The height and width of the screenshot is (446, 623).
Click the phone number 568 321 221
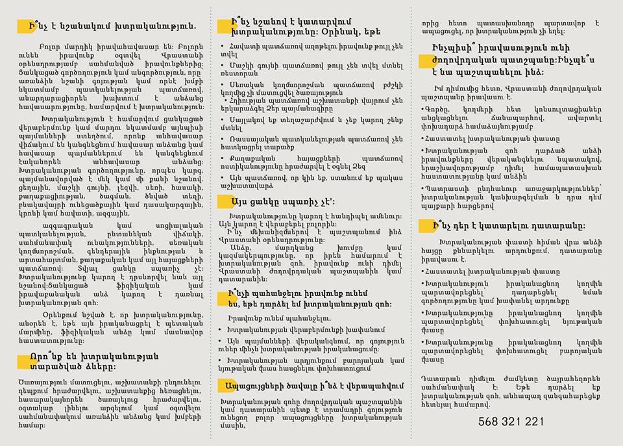(511, 421)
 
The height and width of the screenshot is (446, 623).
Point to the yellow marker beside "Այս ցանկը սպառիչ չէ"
(225, 202)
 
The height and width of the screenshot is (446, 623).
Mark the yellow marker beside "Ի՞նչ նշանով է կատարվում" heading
(225, 25)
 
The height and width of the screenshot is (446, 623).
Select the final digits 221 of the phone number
(533, 421)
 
